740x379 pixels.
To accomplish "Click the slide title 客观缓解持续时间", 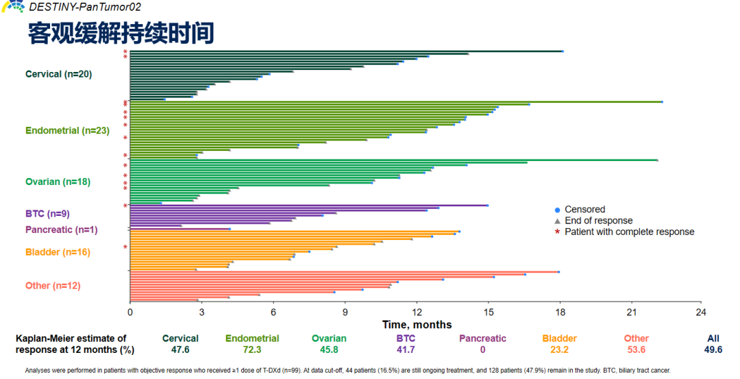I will [121, 33].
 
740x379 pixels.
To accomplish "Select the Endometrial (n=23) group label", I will [67, 130].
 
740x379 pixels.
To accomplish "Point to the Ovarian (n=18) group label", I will [58, 182].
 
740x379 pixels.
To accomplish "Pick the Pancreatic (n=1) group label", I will [61, 230].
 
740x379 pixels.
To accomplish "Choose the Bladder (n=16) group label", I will [58, 252].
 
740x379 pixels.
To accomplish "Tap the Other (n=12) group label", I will [53, 286].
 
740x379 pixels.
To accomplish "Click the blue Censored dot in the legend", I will [557, 210].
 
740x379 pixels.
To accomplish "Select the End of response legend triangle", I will [557, 221].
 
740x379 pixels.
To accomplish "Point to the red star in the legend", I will [557, 232].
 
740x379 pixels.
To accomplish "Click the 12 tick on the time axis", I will [417, 313].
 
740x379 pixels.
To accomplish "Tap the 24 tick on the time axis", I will [701, 313].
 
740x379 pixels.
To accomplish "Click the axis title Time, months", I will [417, 324].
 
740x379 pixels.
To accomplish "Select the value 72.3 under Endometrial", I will [252, 350].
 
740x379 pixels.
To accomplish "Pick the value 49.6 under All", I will [713, 350].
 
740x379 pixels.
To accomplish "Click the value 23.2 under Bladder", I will [559, 350].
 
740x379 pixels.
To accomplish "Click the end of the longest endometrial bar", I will [661, 101].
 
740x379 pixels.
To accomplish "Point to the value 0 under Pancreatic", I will [482, 350].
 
